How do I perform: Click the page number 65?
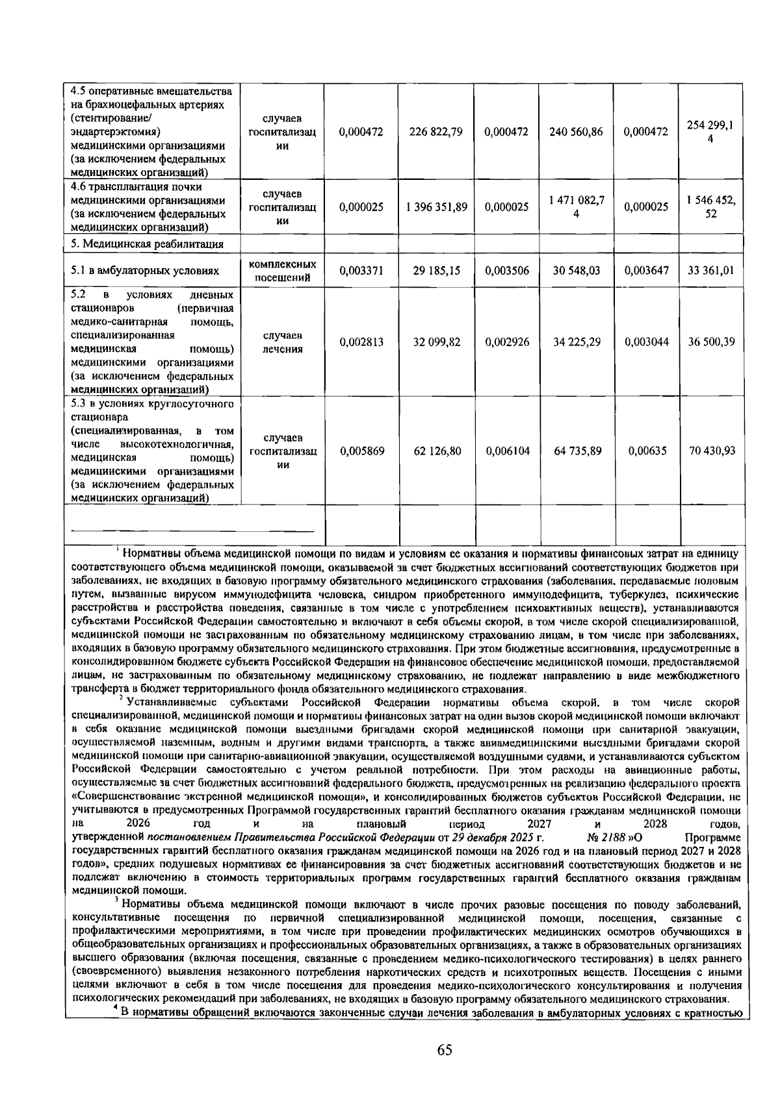(x=445, y=1050)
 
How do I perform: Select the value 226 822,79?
(x=436, y=132)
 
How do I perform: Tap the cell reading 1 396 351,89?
(x=436, y=207)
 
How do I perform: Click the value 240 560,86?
(x=577, y=132)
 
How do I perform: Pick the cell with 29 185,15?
(x=436, y=271)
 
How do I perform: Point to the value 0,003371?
(x=361, y=271)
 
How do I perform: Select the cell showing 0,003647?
(x=646, y=271)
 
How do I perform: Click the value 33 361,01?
(x=711, y=271)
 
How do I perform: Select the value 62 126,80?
(x=436, y=451)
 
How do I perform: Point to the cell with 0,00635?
(x=646, y=451)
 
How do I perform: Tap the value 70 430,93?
(x=711, y=451)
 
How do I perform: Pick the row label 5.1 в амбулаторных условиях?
(x=144, y=271)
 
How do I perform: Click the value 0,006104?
(x=507, y=451)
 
